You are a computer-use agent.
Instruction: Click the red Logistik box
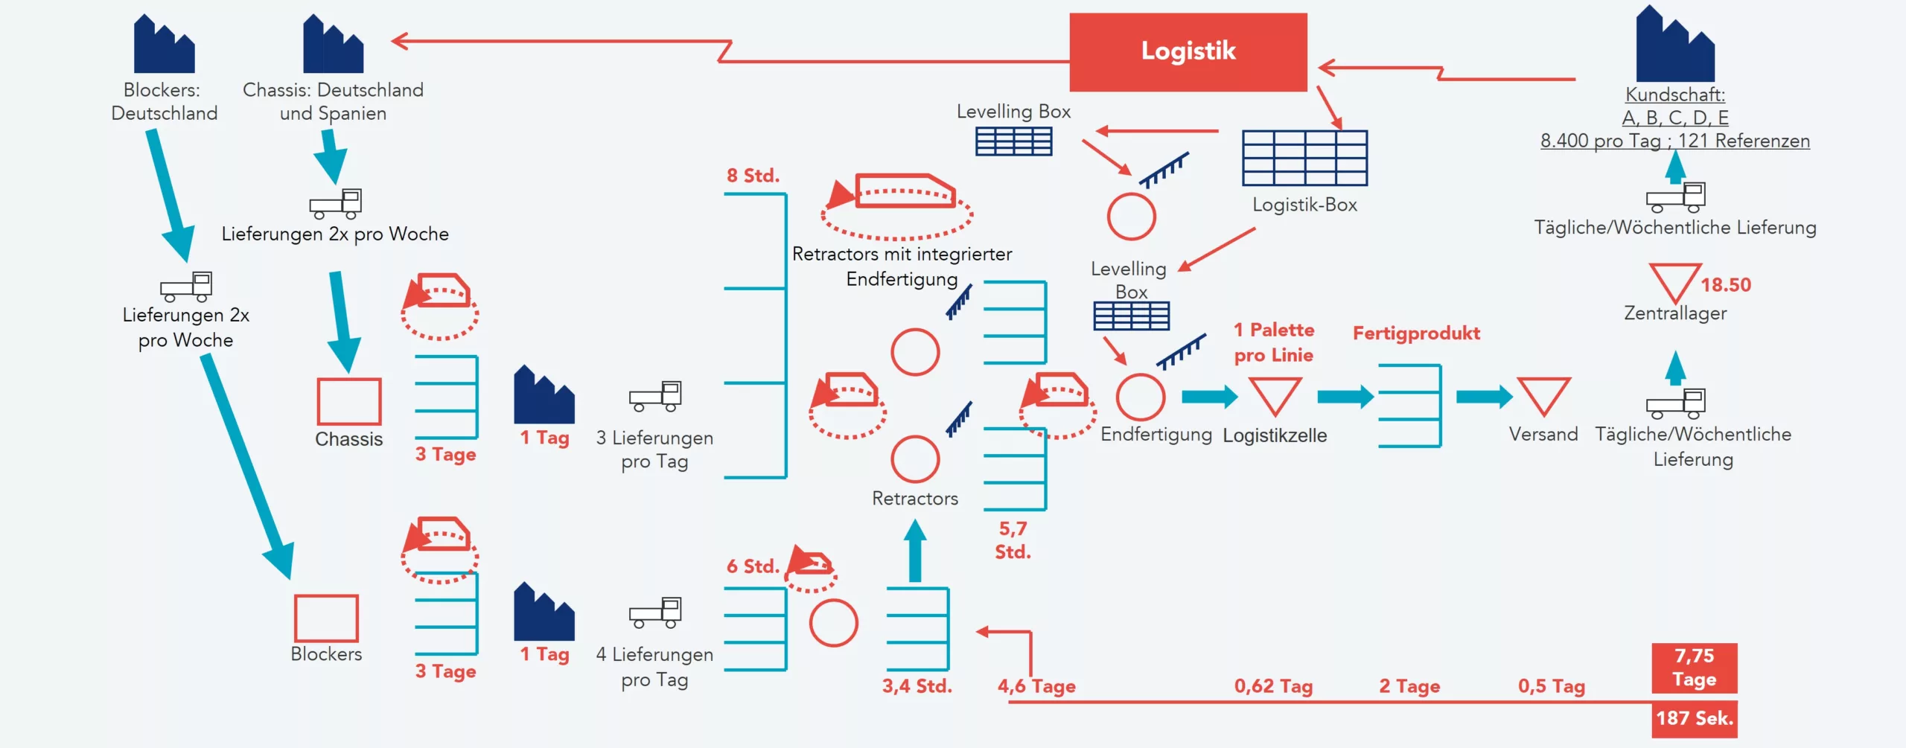click(1188, 52)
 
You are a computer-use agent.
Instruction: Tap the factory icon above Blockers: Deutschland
click(164, 46)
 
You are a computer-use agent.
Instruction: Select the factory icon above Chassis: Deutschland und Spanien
click(333, 46)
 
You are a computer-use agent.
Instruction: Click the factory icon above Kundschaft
click(1674, 46)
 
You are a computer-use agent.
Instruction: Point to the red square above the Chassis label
click(348, 401)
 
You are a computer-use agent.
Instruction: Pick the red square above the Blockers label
click(326, 618)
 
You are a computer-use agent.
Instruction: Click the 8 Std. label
click(753, 176)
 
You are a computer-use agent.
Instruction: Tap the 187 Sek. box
click(1694, 718)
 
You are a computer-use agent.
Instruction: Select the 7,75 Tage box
click(1694, 668)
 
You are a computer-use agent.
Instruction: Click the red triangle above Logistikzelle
click(1275, 394)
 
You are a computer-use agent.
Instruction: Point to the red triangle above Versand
click(1543, 394)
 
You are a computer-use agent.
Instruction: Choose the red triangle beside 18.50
click(1674, 281)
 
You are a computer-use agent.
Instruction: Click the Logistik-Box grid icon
click(1304, 158)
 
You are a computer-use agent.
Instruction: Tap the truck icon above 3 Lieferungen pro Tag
click(655, 397)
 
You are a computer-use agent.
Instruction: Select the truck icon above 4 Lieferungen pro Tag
click(655, 613)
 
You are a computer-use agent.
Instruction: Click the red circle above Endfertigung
click(1140, 397)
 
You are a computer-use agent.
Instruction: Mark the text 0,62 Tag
click(1273, 686)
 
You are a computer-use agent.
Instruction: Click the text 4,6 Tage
click(1036, 686)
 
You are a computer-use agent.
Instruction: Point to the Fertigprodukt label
click(1416, 333)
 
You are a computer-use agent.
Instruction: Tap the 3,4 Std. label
click(917, 686)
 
